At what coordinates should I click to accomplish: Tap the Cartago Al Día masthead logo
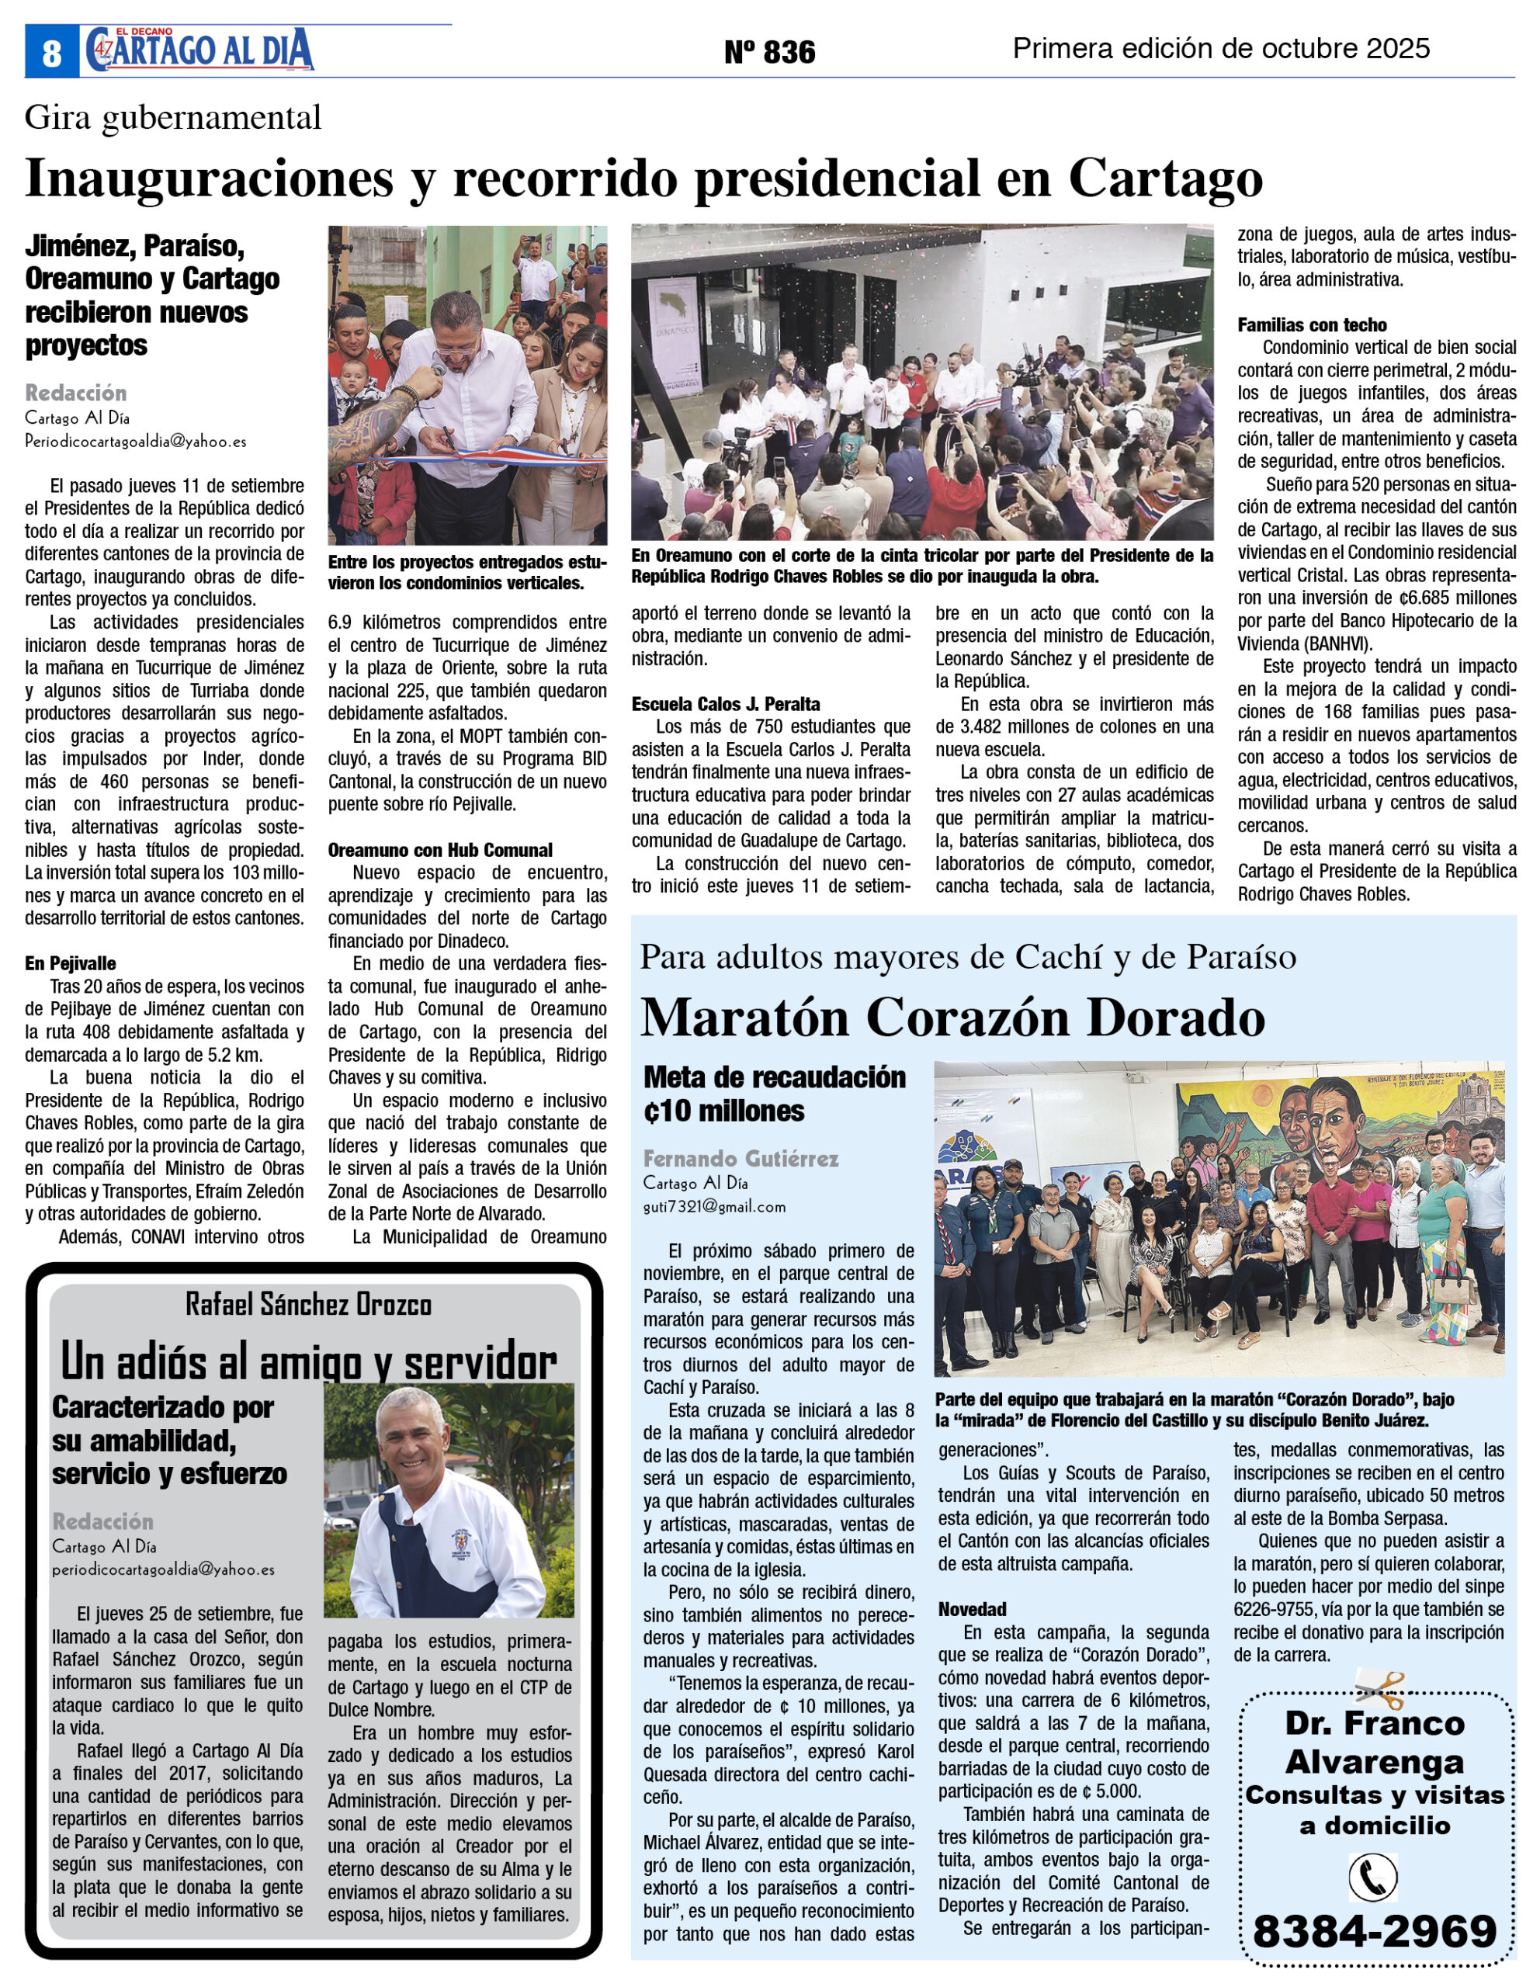tap(200, 50)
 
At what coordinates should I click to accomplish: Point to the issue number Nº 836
tap(769, 52)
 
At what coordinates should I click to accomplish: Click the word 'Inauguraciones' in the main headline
tap(210, 178)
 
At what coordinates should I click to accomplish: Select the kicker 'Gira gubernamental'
tap(173, 118)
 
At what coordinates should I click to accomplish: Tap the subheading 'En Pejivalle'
tap(70, 963)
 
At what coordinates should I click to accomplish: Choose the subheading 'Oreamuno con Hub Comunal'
tap(440, 850)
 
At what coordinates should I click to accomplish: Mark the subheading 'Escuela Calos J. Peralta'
tap(726, 703)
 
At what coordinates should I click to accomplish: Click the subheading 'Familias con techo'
tap(1312, 324)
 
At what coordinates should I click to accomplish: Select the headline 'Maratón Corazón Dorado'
tap(952, 1017)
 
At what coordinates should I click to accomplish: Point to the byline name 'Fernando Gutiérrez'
tap(741, 1158)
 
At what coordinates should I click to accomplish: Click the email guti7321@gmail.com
tap(714, 1207)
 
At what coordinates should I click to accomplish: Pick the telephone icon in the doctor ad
tap(1372, 1877)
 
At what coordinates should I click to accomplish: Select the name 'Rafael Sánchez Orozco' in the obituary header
tap(308, 1305)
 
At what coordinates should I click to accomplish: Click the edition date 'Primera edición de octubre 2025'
tap(1221, 48)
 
